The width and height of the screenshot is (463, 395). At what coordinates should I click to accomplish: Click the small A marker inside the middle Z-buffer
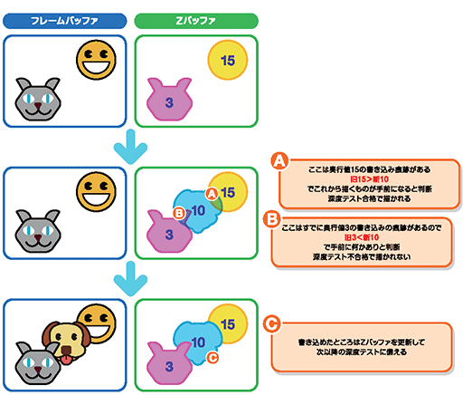pyautogui.click(x=212, y=193)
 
